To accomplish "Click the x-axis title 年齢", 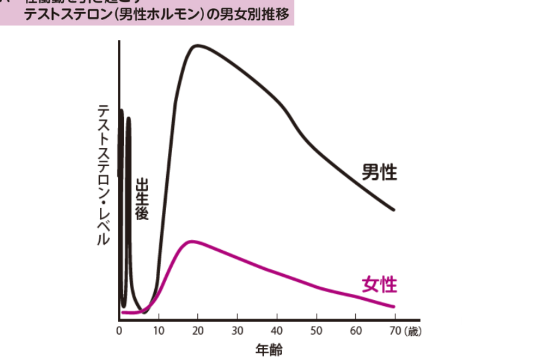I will pyautogui.click(x=269, y=349).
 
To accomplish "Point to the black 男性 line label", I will pyautogui.click(x=379, y=173).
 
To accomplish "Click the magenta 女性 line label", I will pyautogui.click(x=379, y=285).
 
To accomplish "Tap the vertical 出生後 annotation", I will pyautogui.click(x=141, y=199).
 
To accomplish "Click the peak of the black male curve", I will pyautogui.click(x=197, y=45).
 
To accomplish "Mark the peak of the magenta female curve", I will pyautogui.click(x=192, y=241).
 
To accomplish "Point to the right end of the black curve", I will pyautogui.click(x=394, y=210).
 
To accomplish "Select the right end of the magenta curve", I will pyautogui.click(x=394, y=307).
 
